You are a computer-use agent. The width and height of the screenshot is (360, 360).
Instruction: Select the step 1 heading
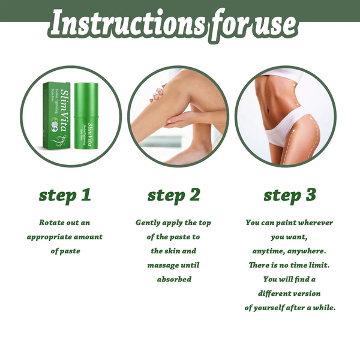(x=65, y=195)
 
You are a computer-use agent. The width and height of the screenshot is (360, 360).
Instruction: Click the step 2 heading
(x=173, y=195)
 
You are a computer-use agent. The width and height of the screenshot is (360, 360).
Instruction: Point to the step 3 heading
(x=290, y=195)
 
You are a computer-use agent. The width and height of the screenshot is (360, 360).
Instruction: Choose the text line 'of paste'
(x=65, y=251)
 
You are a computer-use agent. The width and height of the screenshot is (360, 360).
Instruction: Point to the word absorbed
(x=174, y=279)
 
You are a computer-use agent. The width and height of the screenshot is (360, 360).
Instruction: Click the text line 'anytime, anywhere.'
(x=289, y=251)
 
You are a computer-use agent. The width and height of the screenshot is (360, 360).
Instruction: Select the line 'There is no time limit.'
(x=289, y=265)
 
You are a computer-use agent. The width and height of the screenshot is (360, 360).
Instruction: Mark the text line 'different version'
(x=289, y=293)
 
